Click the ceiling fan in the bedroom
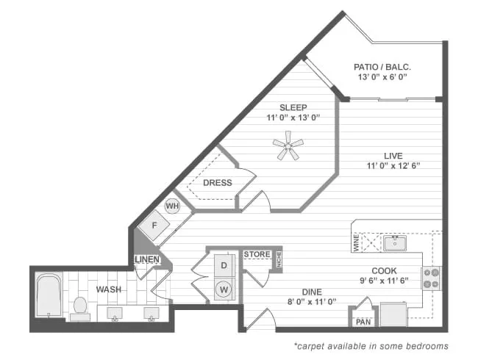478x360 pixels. [288, 145]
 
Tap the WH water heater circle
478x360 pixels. [172, 206]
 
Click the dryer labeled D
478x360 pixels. [223, 264]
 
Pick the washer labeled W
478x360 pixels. [223, 289]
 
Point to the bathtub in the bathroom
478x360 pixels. [49, 295]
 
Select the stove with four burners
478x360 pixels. [431, 278]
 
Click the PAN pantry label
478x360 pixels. [363, 322]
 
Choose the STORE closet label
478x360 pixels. [257, 254]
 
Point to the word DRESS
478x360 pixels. [218, 183]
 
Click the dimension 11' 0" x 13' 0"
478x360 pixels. [293, 118]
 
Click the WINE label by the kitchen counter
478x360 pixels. [356, 243]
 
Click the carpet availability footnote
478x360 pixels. [371, 345]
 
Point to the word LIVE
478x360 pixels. [393, 155]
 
